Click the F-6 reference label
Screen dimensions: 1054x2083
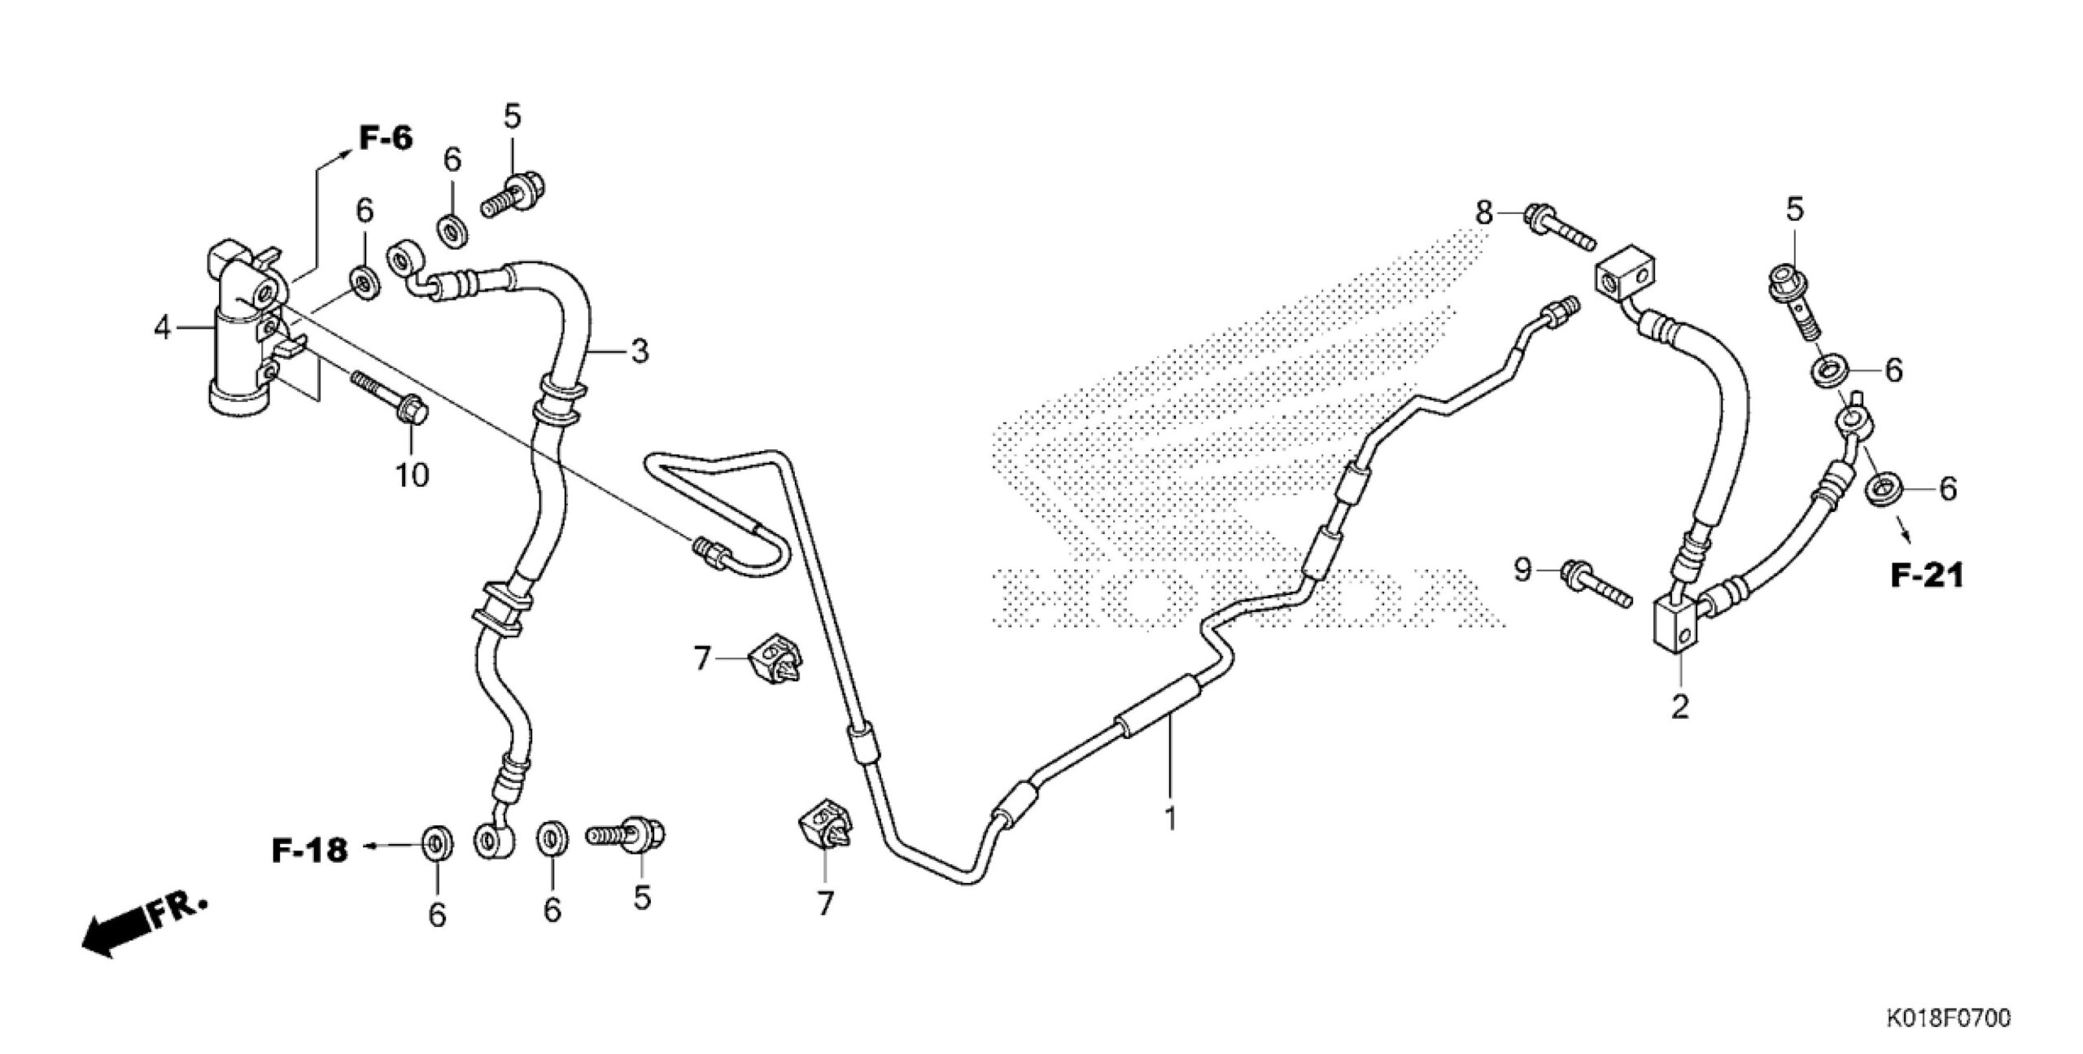coord(386,139)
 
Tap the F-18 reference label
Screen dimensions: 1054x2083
coord(309,851)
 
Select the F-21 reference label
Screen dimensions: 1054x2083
coord(1926,576)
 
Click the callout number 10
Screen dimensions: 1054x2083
coord(413,475)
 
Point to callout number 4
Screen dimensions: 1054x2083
coord(163,329)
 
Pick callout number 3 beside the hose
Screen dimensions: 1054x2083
coord(640,352)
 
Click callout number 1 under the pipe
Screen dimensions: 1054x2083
coord(1170,818)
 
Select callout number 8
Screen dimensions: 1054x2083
coord(1484,213)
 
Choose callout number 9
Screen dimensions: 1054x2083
coord(1522,571)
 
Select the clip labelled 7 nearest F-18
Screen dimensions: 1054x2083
coord(772,658)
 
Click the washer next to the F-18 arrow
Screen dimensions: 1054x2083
coord(438,847)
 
